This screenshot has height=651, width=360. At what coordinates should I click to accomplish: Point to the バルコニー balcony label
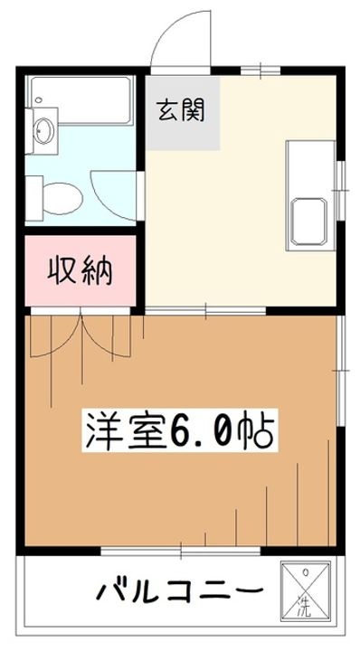pos(181,593)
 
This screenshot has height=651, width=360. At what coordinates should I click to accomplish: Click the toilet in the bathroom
pos(65,193)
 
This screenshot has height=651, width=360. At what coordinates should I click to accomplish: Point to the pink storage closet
pos(81,272)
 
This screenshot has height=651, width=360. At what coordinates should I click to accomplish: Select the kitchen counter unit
pos(310,193)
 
